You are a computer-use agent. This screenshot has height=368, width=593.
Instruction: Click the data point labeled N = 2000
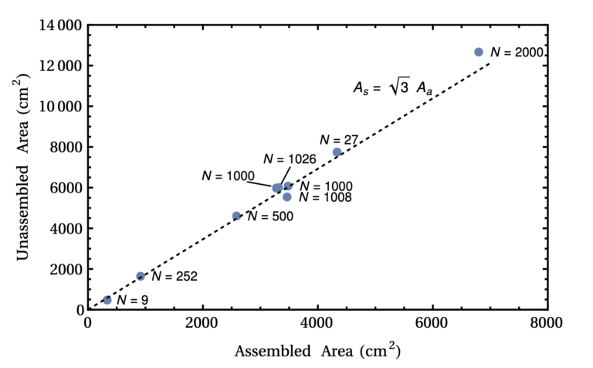479,52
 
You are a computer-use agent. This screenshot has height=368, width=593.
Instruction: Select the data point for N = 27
337,152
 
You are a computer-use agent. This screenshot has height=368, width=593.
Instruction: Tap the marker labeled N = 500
237,216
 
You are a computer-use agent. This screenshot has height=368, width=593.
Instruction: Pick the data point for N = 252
141,276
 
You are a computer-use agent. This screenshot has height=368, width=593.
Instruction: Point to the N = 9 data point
107,300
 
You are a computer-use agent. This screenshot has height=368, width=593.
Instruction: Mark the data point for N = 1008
287,196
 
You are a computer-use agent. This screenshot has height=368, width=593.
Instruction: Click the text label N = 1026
290,158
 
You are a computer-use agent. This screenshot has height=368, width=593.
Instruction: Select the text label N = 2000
519,52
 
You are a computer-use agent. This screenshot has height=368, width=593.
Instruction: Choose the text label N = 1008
326,198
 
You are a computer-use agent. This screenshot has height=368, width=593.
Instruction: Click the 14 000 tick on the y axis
60,26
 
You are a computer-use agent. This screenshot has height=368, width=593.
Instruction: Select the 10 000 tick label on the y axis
60,107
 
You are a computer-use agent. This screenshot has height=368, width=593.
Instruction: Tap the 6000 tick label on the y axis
64,188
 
